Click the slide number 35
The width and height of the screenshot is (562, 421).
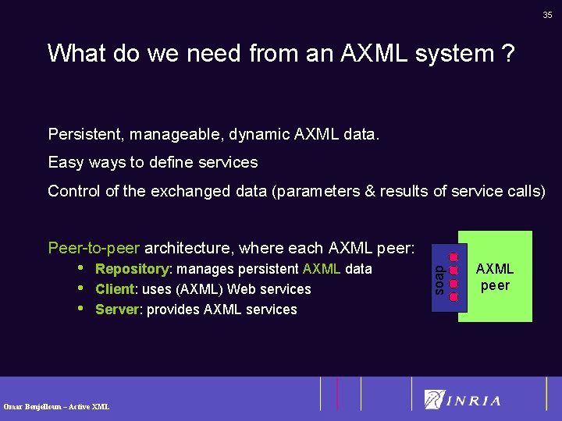pos(547,15)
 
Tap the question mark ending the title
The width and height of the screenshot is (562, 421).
pos(508,53)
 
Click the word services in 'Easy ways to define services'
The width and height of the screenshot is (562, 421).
pos(228,162)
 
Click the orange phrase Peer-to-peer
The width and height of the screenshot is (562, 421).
pos(94,248)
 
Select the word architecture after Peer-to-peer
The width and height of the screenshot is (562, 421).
pos(190,248)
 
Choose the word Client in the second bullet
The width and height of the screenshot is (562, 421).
pos(113,289)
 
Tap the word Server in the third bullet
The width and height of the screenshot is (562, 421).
pos(116,310)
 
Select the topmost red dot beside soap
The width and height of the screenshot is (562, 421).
pos(455,253)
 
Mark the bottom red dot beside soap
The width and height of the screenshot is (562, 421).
pos(455,295)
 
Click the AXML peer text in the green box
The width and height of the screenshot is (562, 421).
pos(495,277)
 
